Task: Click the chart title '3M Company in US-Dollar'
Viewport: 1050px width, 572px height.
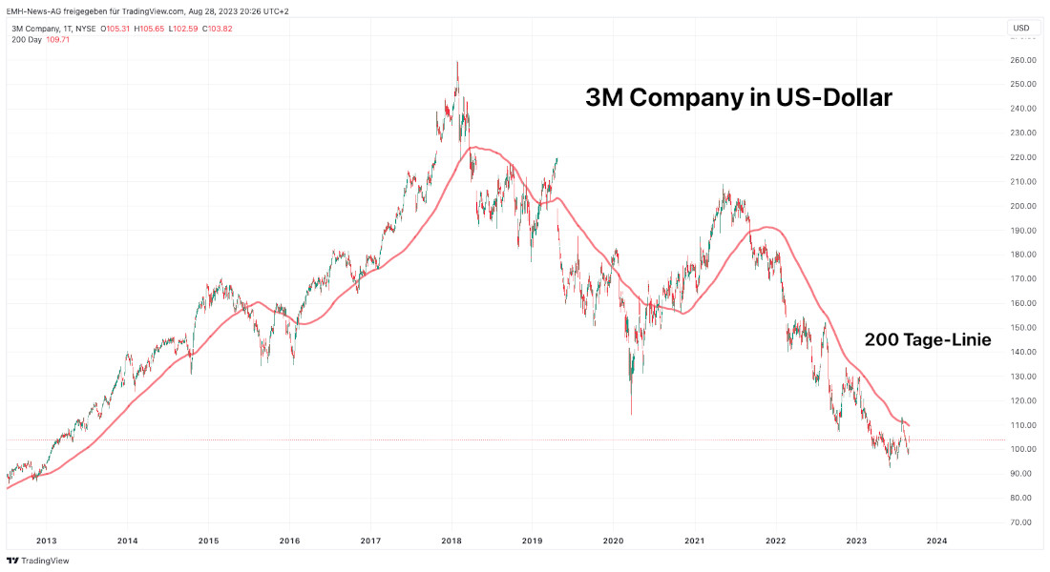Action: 738,97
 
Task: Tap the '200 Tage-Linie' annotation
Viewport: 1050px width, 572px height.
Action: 928,339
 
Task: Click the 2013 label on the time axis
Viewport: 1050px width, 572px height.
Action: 47,541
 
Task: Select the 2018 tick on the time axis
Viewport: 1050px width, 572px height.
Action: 451,541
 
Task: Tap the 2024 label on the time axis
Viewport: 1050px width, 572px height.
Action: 936,541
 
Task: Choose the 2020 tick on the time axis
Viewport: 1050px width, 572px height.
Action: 613,541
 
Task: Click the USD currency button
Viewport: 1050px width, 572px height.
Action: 1020,28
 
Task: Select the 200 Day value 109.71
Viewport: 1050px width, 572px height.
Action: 57,40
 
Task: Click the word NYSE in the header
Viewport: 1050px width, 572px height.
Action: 84,29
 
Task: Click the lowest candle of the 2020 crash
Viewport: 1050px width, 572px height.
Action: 631,412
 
